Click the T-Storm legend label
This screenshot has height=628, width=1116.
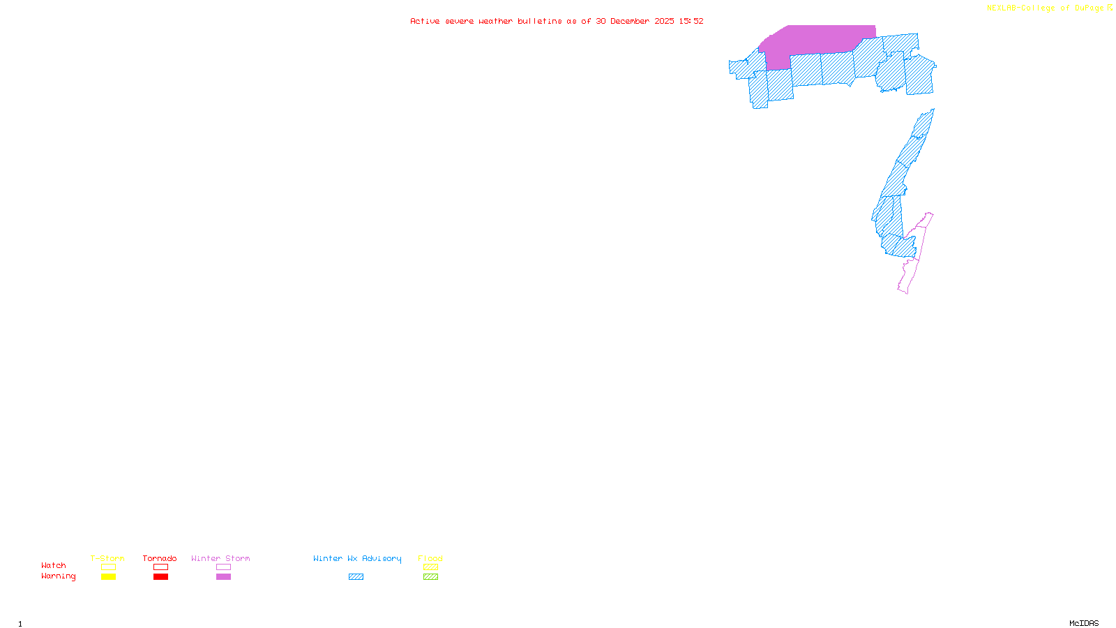(x=107, y=558)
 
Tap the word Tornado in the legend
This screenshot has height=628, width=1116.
(x=160, y=558)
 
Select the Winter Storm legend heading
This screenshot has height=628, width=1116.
(x=220, y=558)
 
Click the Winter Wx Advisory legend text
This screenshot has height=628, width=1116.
(x=357, y=558)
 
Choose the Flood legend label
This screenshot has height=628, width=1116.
(x=430, y=558)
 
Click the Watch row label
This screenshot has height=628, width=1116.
(x=54, y=566)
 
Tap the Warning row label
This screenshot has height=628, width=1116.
(x=59, y=576)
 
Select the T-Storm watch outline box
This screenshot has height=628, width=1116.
(x=108, y=567)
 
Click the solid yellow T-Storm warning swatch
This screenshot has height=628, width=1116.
(x=108, y=577)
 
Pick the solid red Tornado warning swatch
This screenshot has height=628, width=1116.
(x=160, y=577)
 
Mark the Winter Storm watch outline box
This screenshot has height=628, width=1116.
(x=223, y=567)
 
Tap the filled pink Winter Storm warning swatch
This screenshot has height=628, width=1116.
(x=223, y=577)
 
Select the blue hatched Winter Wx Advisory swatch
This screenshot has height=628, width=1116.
(x=356, y=577)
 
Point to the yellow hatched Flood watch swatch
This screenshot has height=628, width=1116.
(x=430, y=567)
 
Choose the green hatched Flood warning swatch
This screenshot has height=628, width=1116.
(x=430, y=577)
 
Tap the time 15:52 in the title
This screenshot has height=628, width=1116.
(x=691, y=22)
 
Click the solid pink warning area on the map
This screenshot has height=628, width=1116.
(x=816, y=40)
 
